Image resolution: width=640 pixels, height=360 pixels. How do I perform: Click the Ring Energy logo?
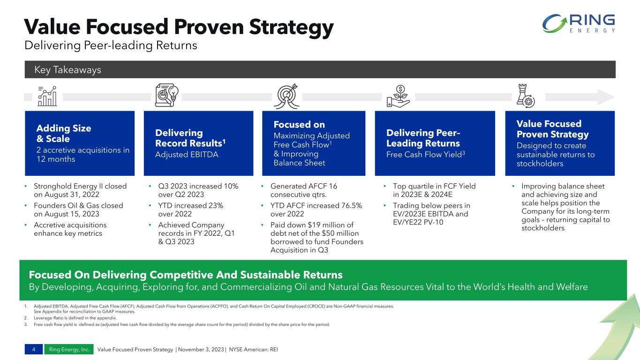tap(579, 23)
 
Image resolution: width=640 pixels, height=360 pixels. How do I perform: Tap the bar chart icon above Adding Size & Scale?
tap(47, 96)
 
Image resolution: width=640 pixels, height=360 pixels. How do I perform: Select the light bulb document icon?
tap(167, 95)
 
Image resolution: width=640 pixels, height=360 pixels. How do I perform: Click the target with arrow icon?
tap(286, 96)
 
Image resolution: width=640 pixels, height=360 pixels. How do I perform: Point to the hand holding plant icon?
tap(398, 96)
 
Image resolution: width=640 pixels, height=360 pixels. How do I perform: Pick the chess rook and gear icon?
tap(526, 96)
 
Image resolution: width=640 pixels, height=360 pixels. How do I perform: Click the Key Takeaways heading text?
tap(68, 70)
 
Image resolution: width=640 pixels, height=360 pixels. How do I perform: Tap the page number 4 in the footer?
tap(34, 349)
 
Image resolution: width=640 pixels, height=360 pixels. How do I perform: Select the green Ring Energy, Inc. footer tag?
tap(69, 349)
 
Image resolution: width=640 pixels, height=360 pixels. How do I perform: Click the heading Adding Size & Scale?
tap(64, 134)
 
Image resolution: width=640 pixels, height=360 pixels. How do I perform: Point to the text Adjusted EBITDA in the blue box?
tap(187, 155)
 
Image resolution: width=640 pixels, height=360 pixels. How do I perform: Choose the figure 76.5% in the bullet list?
tap(352, 205)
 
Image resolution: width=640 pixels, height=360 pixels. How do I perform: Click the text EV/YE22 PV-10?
tap(418, 222)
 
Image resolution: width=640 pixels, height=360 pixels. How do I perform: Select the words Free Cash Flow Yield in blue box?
tap(424, 155)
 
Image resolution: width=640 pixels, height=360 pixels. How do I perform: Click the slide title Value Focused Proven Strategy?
tap(179, 27)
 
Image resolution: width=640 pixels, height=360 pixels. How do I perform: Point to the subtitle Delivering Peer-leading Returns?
tap(111, 45)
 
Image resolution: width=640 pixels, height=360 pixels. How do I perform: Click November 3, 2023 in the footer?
tap(201, 349)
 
